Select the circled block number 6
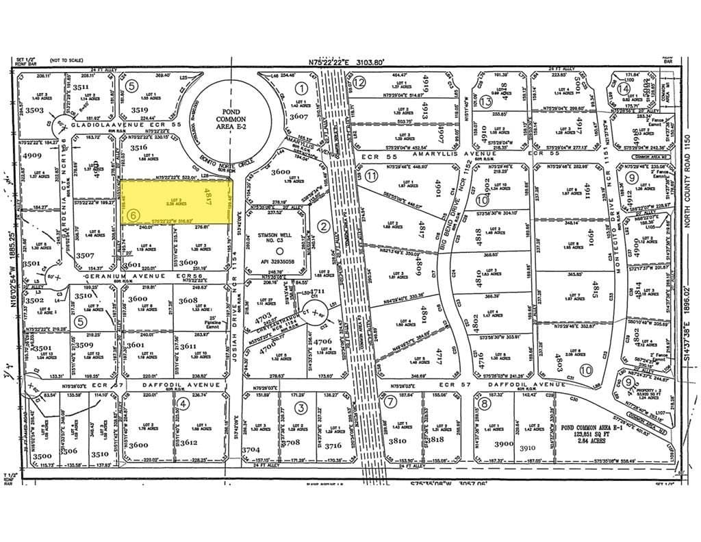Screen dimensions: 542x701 (133, 214)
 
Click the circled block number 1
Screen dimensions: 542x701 (301, 88)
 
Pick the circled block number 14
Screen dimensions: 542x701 (624, 88)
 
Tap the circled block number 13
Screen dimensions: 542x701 (486, 101)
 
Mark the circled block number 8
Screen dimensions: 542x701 (485, 403)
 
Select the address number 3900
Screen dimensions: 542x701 (503, 444)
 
